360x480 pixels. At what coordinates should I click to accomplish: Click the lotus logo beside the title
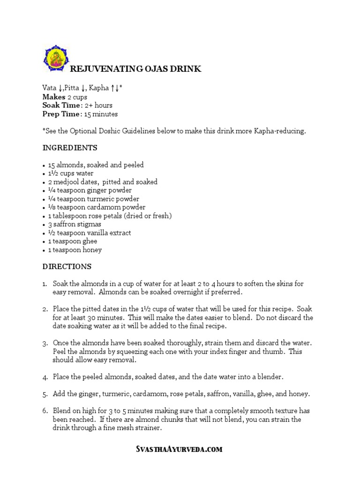(55, 59)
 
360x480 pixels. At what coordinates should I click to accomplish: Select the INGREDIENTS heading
(70, 148)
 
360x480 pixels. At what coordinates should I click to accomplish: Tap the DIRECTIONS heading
(67, 266)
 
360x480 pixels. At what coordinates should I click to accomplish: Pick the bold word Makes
(53, 97)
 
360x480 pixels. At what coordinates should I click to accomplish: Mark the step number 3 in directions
(45, 343)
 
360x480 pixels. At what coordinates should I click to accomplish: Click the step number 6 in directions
(45, 411)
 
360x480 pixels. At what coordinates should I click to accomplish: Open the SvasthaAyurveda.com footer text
(179, 450)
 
